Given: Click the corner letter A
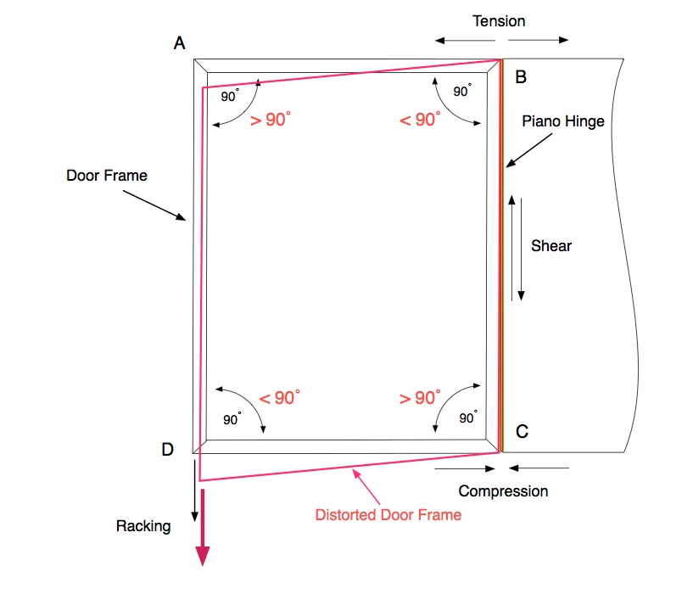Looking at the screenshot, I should tap(180, 43).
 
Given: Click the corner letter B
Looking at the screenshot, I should tap(521, 77).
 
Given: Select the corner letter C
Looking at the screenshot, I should tap(522, 432).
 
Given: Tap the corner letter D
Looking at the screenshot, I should tap(168, 450).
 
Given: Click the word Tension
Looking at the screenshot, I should tap(500, 20).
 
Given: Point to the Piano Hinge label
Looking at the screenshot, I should tap(563, 121).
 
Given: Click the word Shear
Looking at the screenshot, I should tap(551, 246).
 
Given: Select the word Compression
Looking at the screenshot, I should tap(503, 490).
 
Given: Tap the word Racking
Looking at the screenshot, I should tap(143, 526).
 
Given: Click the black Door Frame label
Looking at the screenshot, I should tap(107, 176).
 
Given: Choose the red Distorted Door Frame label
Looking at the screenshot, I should tap(388, 514).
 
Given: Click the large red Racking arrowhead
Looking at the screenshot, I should tap(203, 555).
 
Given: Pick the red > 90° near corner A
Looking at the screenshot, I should tap(271, 120).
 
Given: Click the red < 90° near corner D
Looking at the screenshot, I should tap(280, 397).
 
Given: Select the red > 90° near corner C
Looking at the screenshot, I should tap(419, 397).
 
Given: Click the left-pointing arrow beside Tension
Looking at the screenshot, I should tap(450, 40).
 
